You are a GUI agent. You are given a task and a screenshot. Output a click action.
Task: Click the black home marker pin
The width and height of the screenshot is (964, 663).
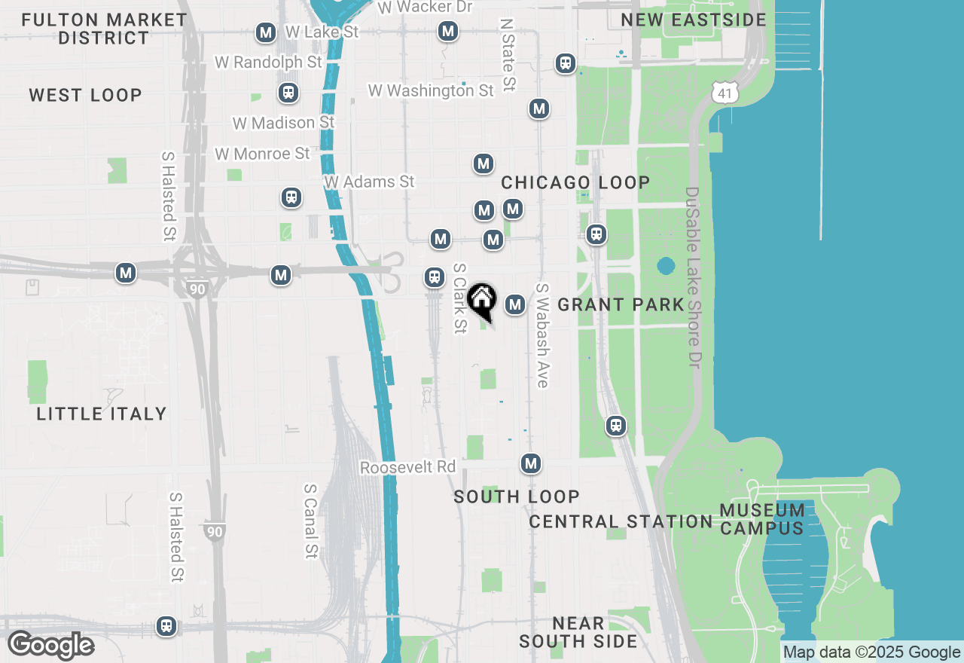point(482,301)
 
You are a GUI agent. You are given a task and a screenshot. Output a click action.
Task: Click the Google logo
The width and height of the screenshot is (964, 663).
point(50,646)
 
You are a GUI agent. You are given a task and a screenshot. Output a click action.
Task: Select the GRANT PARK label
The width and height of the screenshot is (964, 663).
point(621,304)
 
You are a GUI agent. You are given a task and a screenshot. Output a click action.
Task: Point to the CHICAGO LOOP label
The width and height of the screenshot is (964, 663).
point(575,182)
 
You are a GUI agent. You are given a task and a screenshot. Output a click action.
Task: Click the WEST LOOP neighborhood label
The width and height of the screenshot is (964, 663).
point(86,95)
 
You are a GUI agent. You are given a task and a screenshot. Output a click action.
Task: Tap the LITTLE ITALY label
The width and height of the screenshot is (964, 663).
point(102,414)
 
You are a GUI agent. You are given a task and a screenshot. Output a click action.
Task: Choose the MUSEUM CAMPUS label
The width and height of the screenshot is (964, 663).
point(762,519)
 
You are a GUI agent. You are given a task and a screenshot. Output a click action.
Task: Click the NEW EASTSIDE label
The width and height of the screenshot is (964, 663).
point(694,20)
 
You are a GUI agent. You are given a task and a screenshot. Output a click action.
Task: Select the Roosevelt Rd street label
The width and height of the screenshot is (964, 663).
point(408,467)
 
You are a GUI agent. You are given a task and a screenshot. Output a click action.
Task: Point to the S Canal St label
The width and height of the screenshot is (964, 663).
point(310,521)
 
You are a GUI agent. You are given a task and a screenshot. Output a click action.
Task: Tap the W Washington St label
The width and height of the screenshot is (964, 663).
point(431,90)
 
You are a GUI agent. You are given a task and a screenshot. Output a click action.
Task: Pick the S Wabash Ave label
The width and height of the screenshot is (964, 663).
point(541,335)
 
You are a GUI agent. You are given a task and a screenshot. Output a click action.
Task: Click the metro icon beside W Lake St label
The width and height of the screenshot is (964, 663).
point(265,32)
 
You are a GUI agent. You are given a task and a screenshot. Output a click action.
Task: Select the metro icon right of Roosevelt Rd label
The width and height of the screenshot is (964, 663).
point(532,463)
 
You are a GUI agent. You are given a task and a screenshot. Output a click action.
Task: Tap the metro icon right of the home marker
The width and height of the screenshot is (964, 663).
point(515,304)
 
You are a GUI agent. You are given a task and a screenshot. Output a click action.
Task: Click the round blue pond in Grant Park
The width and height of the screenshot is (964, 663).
point(666,266)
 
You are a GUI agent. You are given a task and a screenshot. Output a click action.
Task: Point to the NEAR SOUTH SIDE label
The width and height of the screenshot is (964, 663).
point(578,632)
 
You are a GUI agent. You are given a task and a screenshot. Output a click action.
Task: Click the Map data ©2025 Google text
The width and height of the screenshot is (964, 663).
point(871,652)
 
